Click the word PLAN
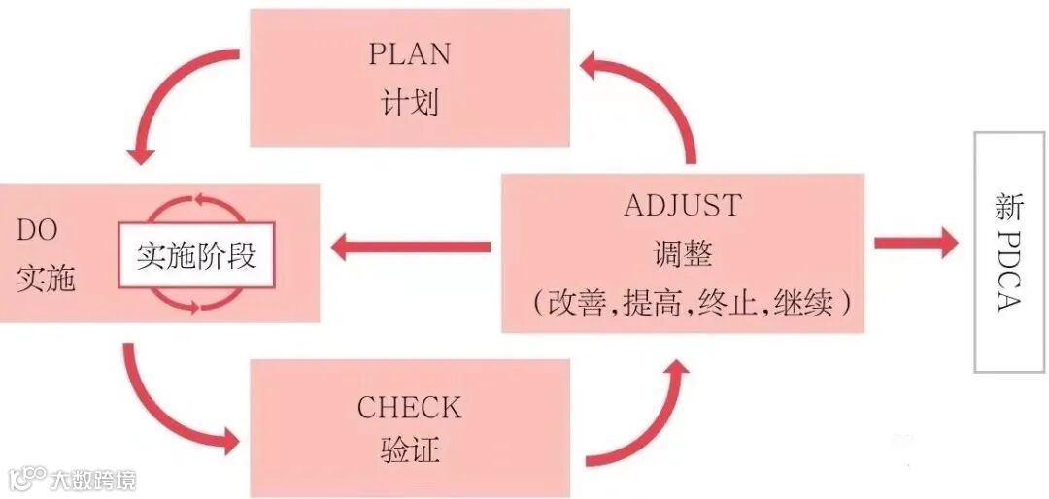pos(409,54)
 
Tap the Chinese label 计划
pos(409,102)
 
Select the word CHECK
pos(409,407)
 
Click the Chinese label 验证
pos(409,450)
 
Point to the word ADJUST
pos(682,206)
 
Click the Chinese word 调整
pos(683,254)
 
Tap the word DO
pos(38,231)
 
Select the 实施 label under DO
pos(46,279)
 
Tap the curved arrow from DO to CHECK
pos(165,408)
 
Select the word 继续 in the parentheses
pos(804,303)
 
